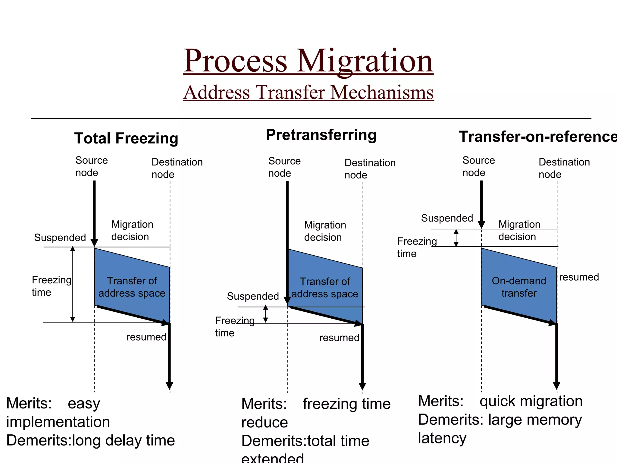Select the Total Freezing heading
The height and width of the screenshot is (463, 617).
[126, 138]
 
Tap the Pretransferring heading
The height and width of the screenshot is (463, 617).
[321, 135]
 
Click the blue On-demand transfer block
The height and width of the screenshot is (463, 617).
[519, 286]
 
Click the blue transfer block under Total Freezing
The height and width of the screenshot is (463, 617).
[132, 286]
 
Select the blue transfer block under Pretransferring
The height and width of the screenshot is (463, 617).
[325, 287]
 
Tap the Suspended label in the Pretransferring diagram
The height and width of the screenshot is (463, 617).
[253, 296]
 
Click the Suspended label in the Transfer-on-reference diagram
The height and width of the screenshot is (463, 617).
[447, 218]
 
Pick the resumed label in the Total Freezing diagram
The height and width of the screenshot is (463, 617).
[146, 337]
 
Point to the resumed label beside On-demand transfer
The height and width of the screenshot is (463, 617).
[579, 277]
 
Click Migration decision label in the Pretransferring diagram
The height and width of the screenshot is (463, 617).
[325, 231]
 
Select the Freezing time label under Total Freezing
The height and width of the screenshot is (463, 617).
[51, 286]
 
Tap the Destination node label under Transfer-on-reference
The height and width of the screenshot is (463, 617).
[564, 168]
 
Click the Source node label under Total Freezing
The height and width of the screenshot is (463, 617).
[91, 166]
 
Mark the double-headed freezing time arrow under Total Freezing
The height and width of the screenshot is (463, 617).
[73, 285]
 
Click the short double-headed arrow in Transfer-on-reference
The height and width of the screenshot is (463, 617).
[456, 238]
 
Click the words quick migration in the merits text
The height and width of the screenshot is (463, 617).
[531, 401]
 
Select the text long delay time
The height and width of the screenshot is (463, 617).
[124, 440]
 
